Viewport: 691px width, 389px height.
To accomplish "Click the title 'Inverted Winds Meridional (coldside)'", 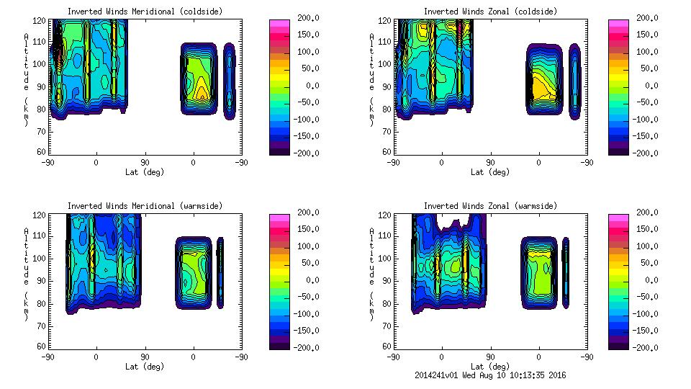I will [x=145, y=12].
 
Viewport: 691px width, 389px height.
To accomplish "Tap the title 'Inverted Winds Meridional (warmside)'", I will [x=145, y=206].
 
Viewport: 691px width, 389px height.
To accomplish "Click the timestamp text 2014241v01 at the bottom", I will [x=437, y=375].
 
